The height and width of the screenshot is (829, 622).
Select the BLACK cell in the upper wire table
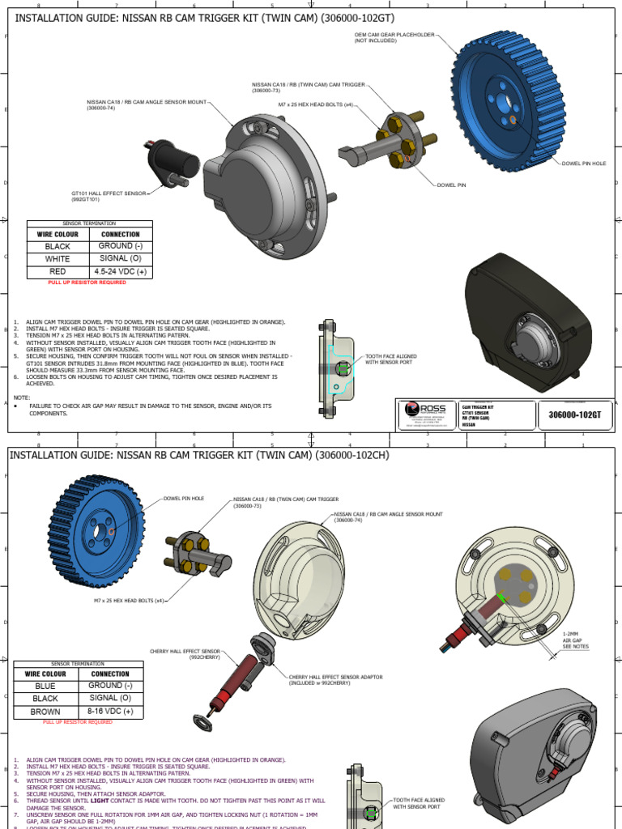pos(58,246)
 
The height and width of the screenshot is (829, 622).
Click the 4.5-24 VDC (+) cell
pos(120,271)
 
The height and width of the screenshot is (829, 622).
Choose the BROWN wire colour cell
pos(45,712)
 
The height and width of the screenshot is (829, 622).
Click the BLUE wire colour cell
pos(45,686)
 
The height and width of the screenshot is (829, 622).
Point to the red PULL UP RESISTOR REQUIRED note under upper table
pos(87,283)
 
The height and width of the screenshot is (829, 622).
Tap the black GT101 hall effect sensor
pos(175,162)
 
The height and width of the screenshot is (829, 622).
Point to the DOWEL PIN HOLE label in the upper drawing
pos(583,164)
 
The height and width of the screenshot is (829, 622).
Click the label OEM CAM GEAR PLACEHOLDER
pos(394,37)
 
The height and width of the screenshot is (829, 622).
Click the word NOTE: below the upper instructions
pos(22,397)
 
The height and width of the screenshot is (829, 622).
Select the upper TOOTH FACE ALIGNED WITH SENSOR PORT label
pos(392,359)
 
